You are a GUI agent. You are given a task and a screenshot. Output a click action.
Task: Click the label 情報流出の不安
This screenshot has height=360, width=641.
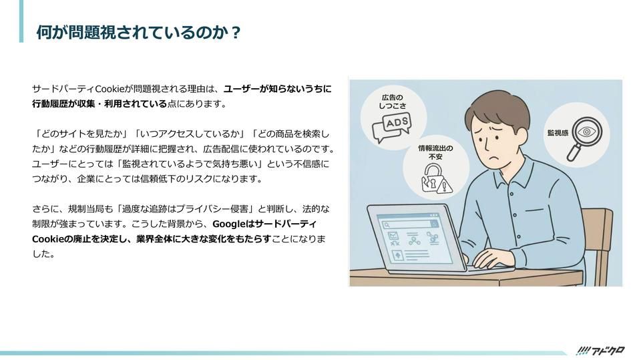click(435, 152)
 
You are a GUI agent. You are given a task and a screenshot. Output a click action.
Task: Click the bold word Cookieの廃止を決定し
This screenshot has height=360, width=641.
click(81, 239)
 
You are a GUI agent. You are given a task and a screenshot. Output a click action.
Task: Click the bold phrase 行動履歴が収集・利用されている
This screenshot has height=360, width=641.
click(99, 104)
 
